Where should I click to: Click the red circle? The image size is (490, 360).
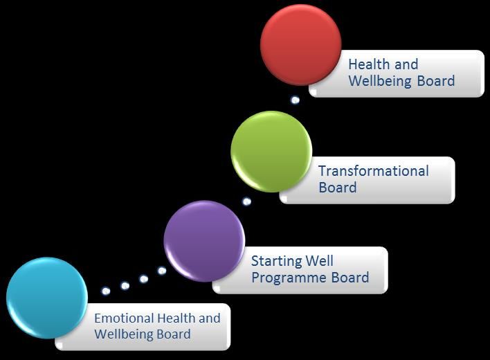300,45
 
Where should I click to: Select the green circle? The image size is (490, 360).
271,152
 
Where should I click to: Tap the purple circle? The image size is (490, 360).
204,241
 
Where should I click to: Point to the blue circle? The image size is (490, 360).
47,298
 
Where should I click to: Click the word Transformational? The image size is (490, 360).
374,171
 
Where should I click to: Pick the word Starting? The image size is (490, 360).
277,261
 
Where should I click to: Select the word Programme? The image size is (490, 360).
289,278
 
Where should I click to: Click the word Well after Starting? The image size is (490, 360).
319,260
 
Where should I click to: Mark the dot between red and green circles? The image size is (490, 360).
295,100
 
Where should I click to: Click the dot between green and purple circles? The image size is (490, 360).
246,201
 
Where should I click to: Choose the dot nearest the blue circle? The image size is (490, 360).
106,291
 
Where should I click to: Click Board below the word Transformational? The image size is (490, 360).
338,188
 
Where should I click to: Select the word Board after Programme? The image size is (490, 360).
350,277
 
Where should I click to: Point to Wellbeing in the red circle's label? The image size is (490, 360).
380,81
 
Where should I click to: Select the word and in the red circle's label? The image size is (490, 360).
406,64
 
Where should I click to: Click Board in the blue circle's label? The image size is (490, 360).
174,334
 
